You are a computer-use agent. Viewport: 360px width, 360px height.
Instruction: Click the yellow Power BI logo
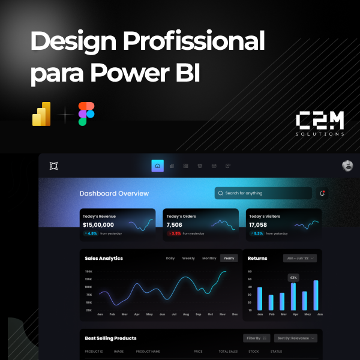pyautogui.click(x=41, y=114)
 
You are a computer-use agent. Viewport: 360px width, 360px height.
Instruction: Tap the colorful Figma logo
pyautogui.click(x=86, y=114)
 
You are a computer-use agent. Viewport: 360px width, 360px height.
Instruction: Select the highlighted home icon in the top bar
pyautogui.click(x=157, y=166)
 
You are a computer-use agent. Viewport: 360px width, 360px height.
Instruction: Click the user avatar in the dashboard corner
pyautogui.click(x=347, y=166)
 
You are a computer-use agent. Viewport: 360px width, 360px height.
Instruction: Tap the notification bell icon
pyautogui.click(x=322, y=193)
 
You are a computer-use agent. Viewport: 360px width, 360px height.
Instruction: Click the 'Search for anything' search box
pyautogui.click(x=263, y=193)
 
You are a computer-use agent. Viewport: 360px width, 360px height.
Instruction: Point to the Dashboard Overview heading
pyautogui.click(x=114, y=194)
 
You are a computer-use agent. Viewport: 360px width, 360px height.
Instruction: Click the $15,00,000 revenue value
pyautogui.click(x=98, y=225)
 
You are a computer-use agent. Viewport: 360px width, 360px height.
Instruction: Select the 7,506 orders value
pyautogui.click(x=174, y=225)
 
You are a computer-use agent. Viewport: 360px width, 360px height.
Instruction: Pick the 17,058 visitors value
pyautogui.click(x=258, y=225)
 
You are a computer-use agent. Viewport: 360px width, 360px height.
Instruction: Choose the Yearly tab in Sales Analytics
pyautogui.click(x=229, y=258)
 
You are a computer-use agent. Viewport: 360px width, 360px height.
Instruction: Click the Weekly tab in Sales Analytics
pyautogui.click(x=188, y=258)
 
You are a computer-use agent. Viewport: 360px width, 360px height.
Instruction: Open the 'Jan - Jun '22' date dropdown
pyautogui.click(x=299, y=258)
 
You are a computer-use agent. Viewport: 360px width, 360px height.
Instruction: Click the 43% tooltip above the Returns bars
pyautogui.click(x=293, y=278)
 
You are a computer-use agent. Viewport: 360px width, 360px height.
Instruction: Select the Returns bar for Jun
pyautogui.click(x=316, y=295)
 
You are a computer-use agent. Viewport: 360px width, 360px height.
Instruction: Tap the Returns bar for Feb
pyautogui.click(x=271, y=302)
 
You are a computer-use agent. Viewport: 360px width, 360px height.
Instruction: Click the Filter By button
pyautogui.click(x=257, y=338)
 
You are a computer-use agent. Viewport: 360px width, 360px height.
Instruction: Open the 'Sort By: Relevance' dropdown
pyautogui.click(x=296, y=338)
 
